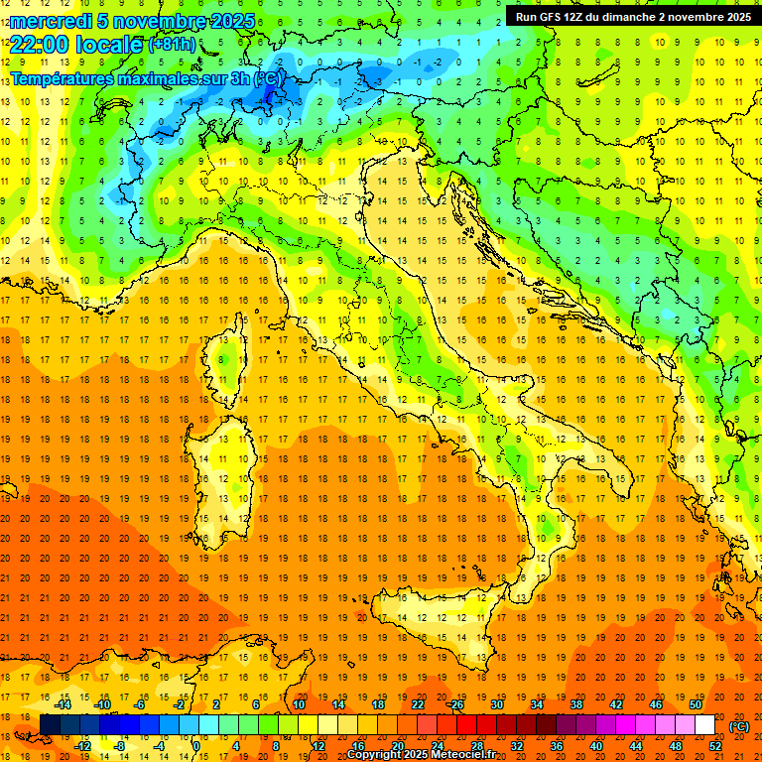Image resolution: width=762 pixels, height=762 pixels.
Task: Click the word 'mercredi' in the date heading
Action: tap(50, 21)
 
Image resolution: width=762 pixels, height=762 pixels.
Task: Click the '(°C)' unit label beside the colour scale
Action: tap(739, 725)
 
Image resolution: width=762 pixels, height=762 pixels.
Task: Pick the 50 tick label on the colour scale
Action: tap(695, 704)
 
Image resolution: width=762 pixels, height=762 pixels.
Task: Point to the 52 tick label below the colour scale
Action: tap(714, 746)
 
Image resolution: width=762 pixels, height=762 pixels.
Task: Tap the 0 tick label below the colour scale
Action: tap(196, 746)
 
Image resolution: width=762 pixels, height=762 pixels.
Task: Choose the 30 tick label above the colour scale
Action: tap(497, 704)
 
